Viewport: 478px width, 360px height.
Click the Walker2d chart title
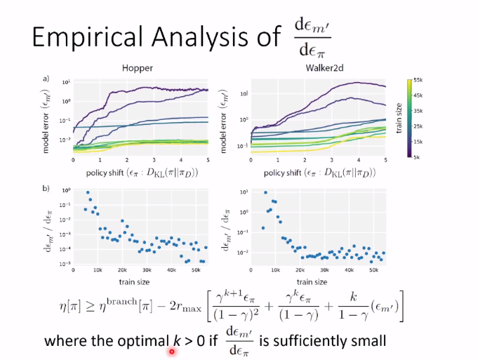303,68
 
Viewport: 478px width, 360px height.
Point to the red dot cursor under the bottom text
171,351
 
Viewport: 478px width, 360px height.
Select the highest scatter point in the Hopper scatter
88,192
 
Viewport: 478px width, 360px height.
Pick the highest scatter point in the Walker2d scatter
265,192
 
